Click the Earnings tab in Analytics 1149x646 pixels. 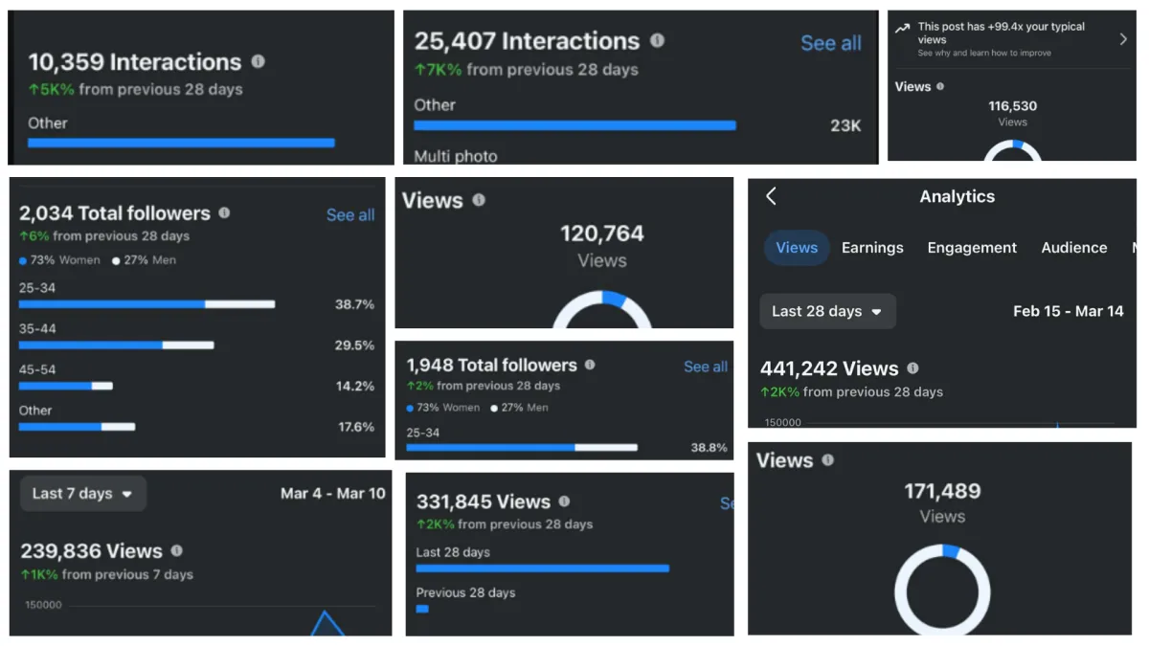click(872, 248)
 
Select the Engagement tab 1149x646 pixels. click(972, 248)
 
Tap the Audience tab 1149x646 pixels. click(1073, 248)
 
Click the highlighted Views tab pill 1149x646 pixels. click(796, 248)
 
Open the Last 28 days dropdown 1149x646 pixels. click(827, 311)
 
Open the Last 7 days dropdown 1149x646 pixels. click(83, 493)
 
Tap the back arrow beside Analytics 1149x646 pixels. click(771, 196)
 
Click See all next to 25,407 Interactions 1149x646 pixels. click(831, 43)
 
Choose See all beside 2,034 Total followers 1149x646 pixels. click(350, 214)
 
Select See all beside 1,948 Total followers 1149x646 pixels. click(706, 367)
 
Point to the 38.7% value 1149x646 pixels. click(354, 304)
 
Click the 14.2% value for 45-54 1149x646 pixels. click(355, 386)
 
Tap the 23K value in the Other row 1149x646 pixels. click(845, 125)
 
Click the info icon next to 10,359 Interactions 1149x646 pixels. click(258, 61)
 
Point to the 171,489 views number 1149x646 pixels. click(942, 491)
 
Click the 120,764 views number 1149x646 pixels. click(601, 234)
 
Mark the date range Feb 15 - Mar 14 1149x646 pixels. click(1068, 311)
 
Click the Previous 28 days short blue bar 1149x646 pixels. click(422, 609)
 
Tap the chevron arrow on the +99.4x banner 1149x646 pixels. click(1123, 39)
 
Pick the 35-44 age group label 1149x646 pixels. click(37, 328)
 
